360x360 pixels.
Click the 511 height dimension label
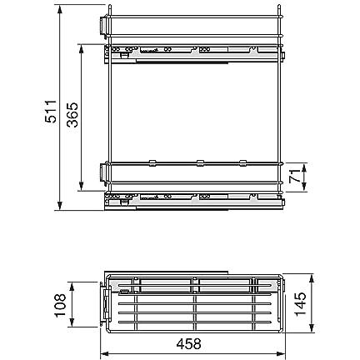(x=51, y=112)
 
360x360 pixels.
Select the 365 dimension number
(x=72, y=115)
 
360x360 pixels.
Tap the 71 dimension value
(x=295, y=176)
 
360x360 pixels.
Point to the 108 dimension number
(x=60, y=306)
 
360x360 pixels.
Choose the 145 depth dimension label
(x=301, y=304)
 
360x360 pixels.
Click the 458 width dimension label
(x=188, y=344)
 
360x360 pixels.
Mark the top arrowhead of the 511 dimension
(x=59, y=10)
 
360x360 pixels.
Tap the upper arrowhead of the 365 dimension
(x=82, y=49)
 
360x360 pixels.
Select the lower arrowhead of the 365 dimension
(x=82, y=186)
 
